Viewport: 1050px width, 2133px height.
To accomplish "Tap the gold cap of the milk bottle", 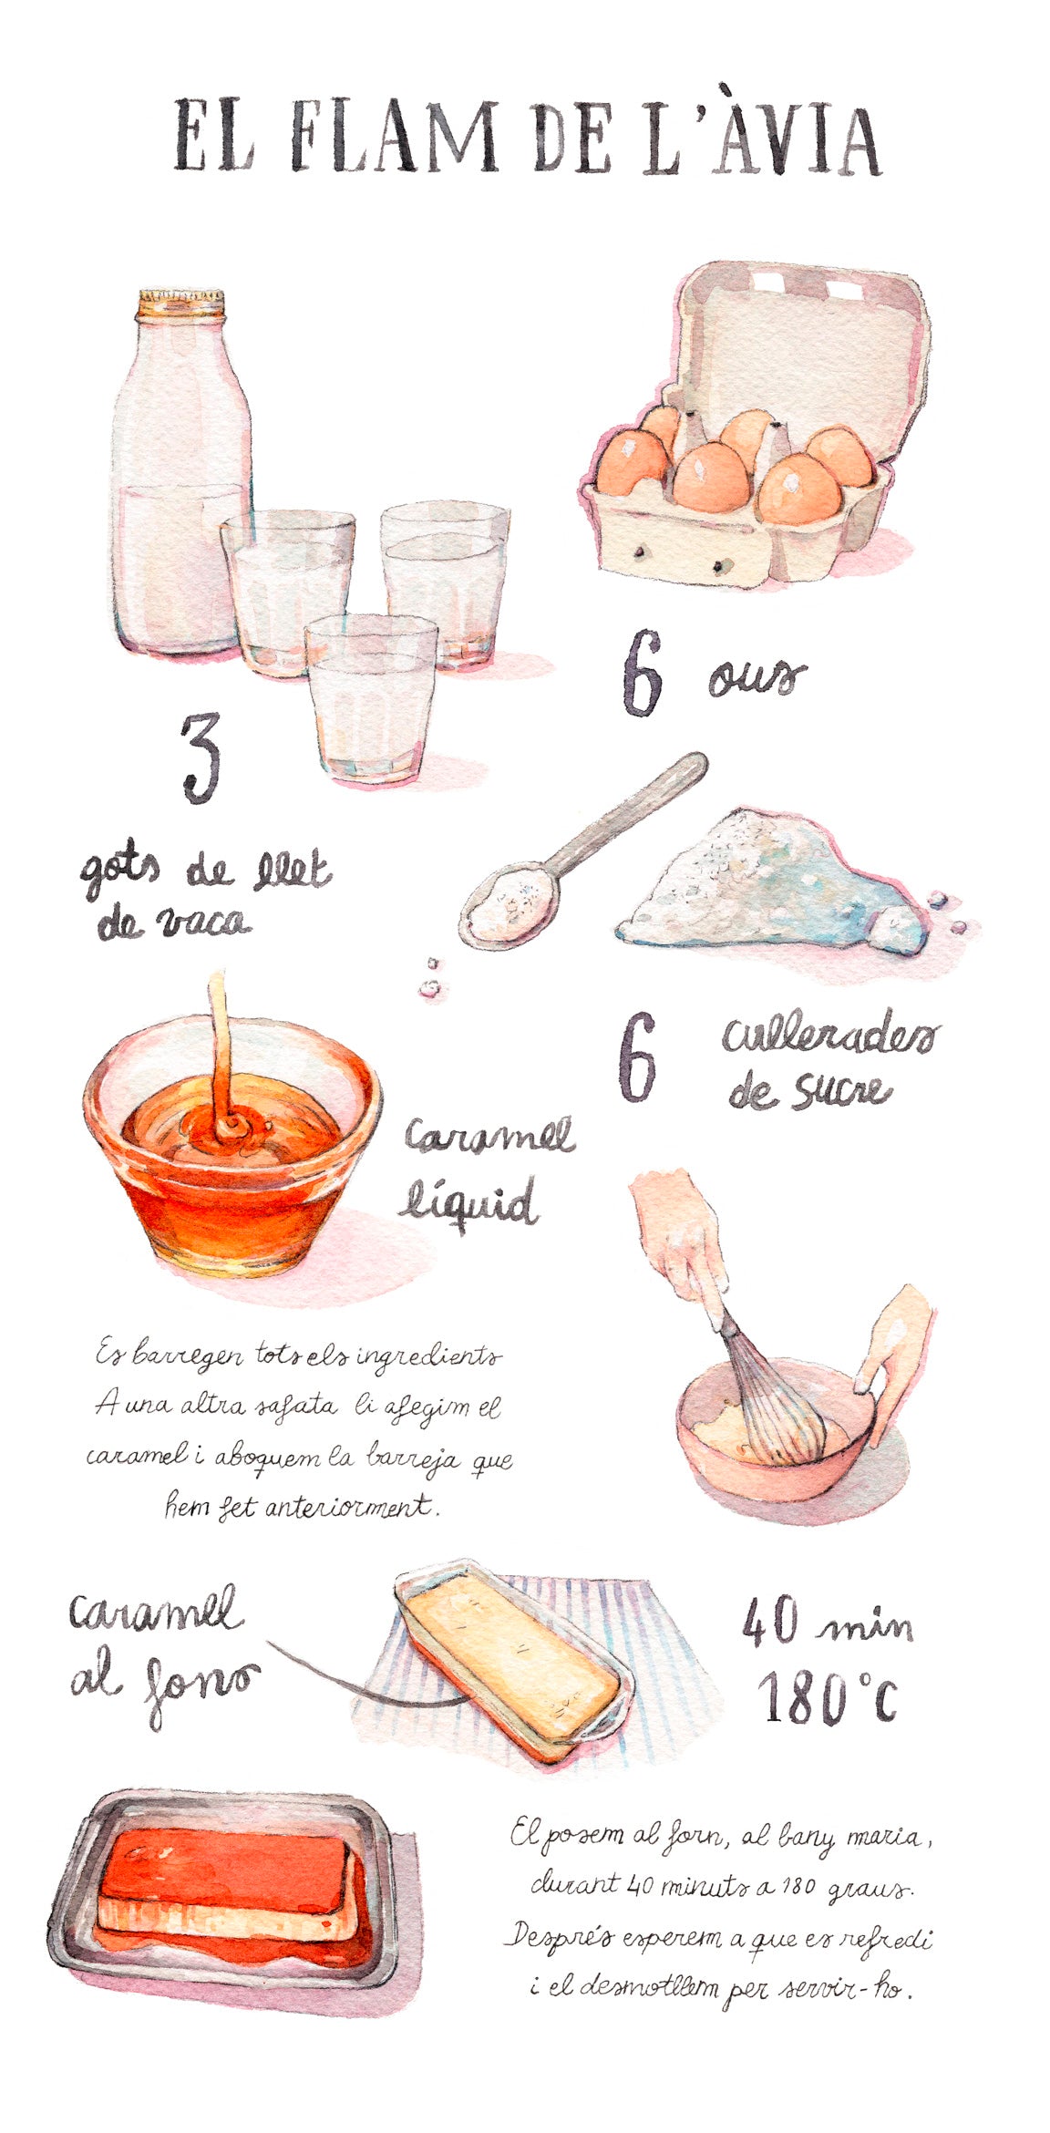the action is pyautogui.click(x=180, y=304).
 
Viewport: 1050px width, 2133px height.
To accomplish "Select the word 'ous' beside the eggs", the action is pyautogui.click(x=757, y=678).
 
